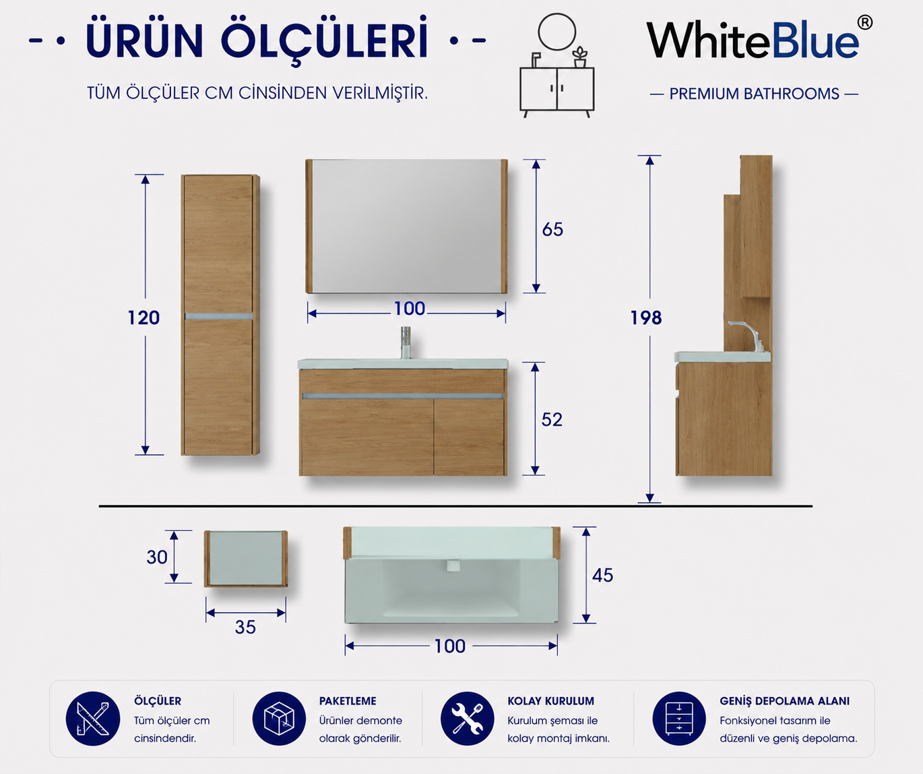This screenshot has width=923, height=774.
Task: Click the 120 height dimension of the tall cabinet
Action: pos(144,318)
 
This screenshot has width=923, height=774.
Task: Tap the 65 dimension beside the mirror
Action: pos(552,229)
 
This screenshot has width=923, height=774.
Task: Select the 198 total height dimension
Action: pos(646,318)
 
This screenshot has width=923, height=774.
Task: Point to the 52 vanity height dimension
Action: pos(552,420)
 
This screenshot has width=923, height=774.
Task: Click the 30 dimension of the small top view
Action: pos(157,558)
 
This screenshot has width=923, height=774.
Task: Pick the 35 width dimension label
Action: pos(245,627)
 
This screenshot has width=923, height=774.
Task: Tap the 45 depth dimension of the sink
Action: pos(602,575)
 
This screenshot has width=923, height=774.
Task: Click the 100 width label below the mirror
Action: pos(410,309)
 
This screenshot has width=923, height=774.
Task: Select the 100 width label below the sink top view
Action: pos(450,646)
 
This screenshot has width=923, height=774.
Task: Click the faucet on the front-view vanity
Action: pos(406,343)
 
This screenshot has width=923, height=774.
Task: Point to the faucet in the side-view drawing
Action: pos(746,336)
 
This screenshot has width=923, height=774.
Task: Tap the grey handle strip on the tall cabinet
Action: pos(219,316)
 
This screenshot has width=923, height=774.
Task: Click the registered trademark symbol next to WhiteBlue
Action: pos(864,22)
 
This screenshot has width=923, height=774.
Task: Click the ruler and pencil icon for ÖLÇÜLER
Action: pos(93,719)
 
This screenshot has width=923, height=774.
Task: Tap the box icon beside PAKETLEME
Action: pos(279,719)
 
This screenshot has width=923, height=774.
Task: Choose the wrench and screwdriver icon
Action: pos(468,719)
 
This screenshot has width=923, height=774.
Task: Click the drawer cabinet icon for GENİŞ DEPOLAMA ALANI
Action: pos(679,719)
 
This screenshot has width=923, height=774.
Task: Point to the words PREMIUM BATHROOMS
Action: pos(754,94)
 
